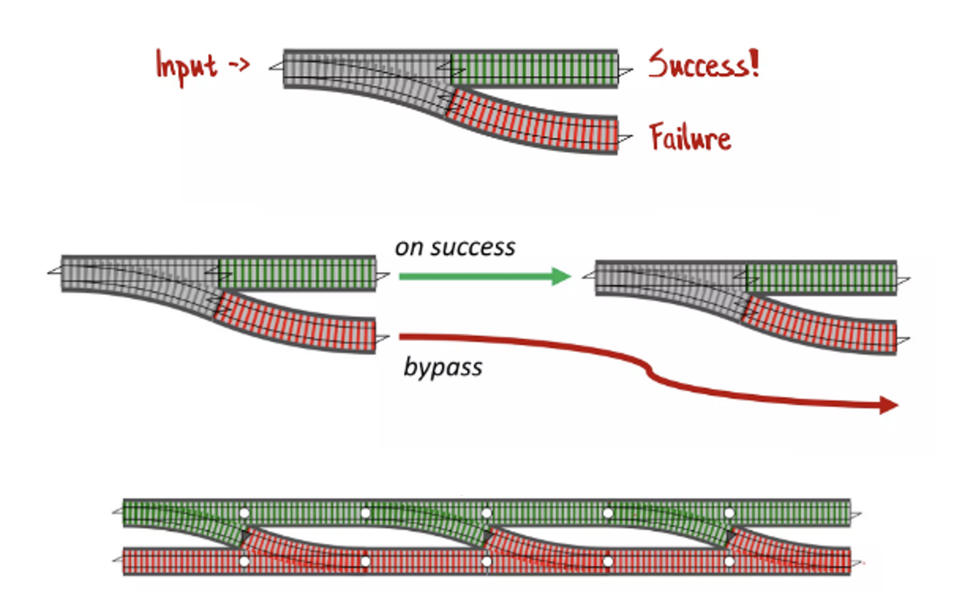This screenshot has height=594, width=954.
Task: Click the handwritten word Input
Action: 186,67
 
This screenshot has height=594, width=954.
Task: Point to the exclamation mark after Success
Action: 754,63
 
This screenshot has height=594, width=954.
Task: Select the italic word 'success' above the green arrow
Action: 473,248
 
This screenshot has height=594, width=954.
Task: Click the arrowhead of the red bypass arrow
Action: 887,405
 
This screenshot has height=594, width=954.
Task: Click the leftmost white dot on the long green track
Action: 244,513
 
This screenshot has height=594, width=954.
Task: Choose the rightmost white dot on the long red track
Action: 729,561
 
